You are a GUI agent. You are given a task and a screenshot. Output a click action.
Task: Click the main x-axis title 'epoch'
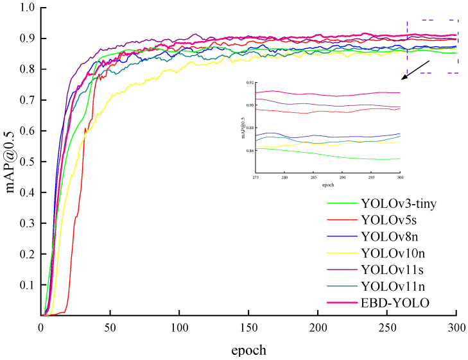[248, 350]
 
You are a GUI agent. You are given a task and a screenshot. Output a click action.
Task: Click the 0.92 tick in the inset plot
[248, 83]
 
